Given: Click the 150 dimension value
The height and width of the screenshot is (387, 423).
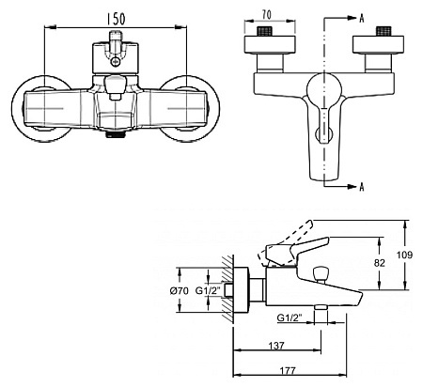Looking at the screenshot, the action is point(116,19).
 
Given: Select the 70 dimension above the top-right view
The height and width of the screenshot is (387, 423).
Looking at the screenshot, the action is point(267,15).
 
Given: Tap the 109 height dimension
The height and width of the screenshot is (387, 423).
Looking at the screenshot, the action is point(404,255).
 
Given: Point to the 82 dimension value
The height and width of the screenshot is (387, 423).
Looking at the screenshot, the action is point(379,263).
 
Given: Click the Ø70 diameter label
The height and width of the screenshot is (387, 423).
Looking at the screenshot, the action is point(180,291).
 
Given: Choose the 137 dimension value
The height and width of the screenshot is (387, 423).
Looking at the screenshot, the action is point(276,346).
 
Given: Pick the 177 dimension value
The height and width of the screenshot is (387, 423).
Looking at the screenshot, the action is point(288,371).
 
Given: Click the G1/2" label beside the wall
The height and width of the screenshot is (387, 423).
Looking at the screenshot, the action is point(208,291).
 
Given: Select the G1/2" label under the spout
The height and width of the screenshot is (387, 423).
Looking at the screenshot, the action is point(290,317).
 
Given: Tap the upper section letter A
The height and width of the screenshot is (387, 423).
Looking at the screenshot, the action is point(362,19).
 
